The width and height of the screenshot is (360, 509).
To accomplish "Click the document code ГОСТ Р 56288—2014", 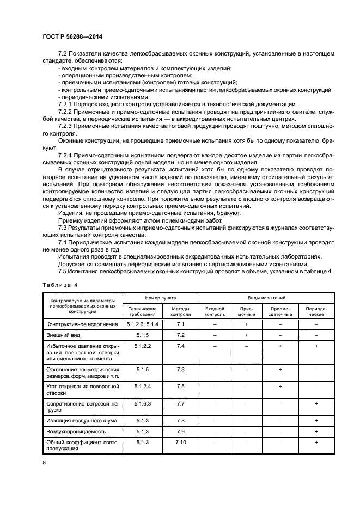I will pyautogui.click(x=72, y=36).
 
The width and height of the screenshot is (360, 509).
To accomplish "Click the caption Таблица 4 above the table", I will pyautogui.click(x=59, y=284).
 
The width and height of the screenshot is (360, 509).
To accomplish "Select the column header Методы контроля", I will pyautogui.click(x=181, y=310).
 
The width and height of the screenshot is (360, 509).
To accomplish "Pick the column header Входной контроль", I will pyautogui.click(x=215, y=310).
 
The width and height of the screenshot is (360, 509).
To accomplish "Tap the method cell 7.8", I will pyautogui.click(x=181, y=420).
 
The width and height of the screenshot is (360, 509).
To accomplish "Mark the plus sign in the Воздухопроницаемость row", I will pyautogui.click(x=316, y=431).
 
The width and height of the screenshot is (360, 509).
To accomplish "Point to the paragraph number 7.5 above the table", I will pyautogui.click(x=62, y=271).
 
